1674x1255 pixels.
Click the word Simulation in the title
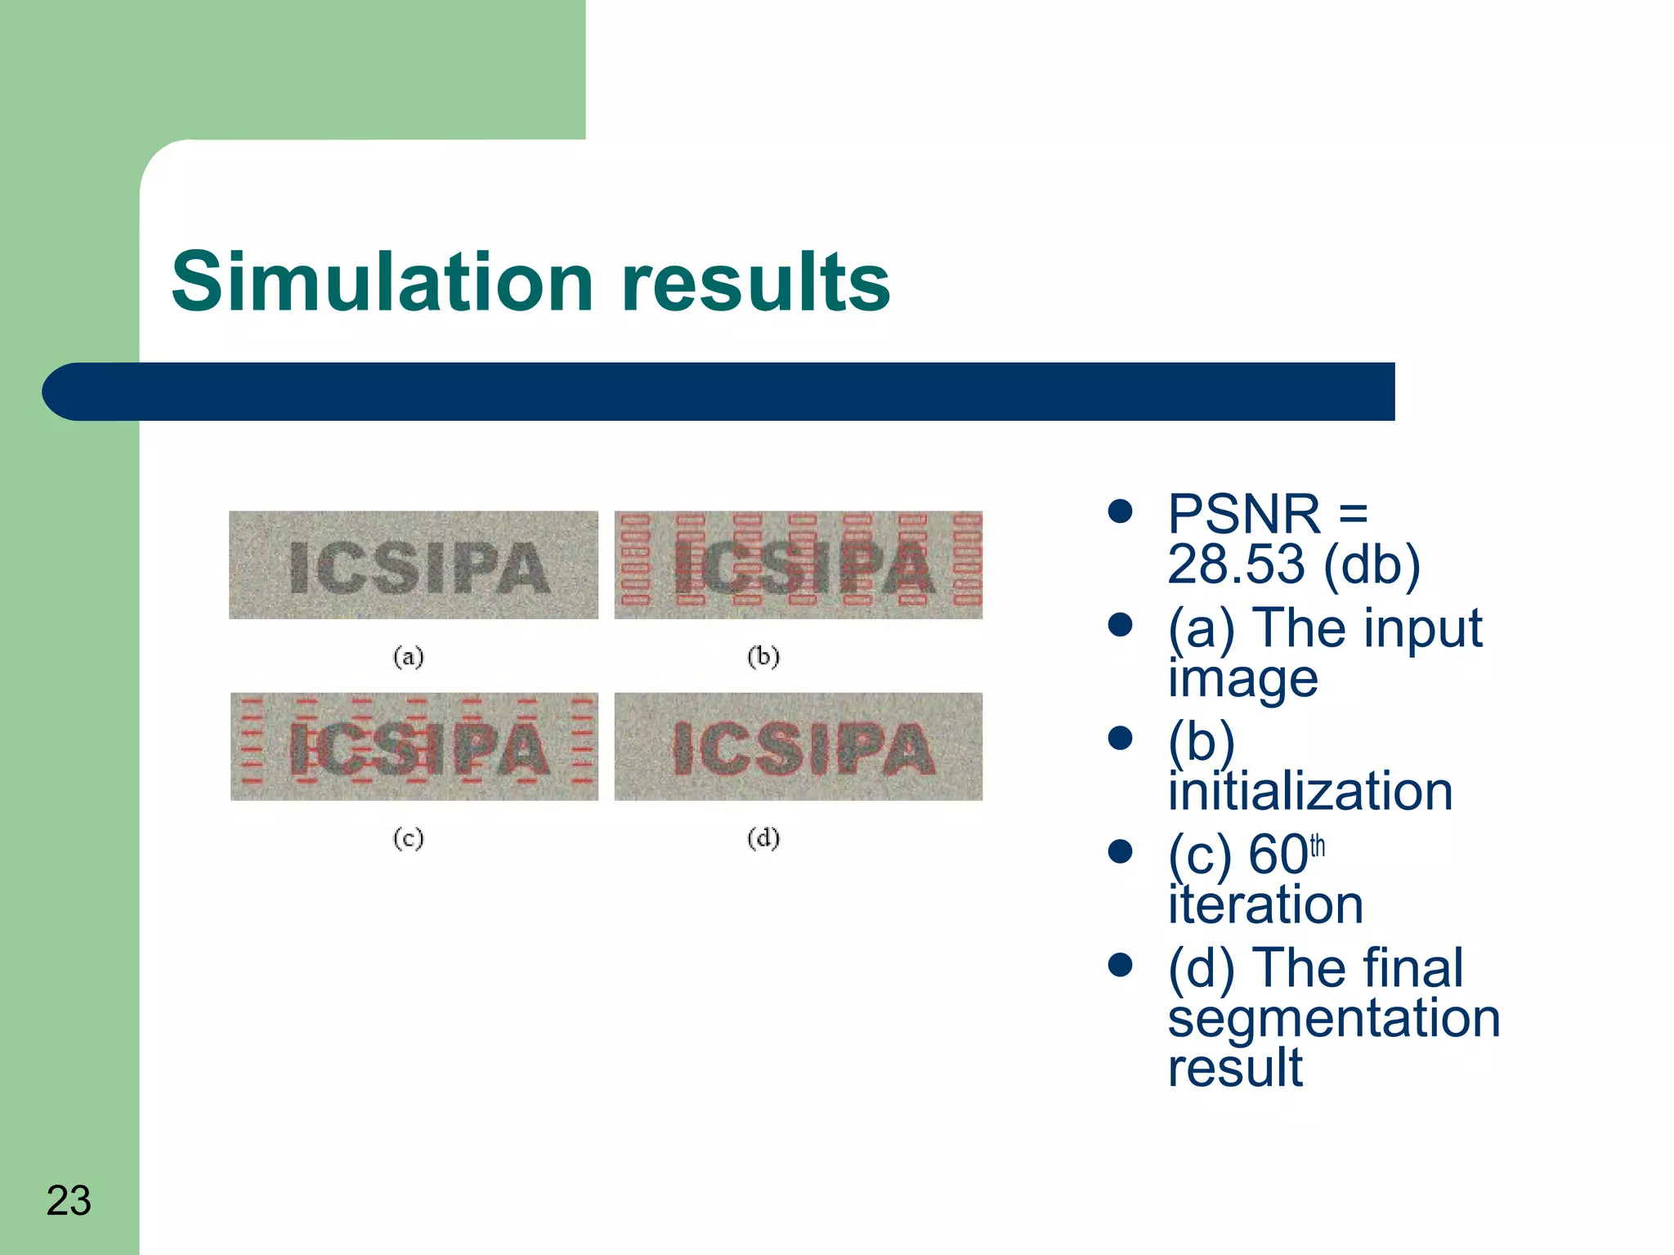pos(382,282)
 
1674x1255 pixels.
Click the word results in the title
pos(755,282)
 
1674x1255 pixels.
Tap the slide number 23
pos(69,1200)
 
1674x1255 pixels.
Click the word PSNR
pos(1243,514)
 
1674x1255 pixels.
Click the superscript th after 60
pos(1317,846)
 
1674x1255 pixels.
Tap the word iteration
pos(1265,904)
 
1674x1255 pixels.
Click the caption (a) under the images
pos(408,656)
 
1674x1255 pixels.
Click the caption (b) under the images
pos(763,656)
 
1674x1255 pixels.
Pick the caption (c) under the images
pos(408,838)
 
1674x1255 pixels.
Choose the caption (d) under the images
pos(763,838)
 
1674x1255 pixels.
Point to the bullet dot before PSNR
pos(1120,512)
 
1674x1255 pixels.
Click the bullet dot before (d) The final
pos(1120,966)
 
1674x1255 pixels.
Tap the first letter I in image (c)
pos(299,749)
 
